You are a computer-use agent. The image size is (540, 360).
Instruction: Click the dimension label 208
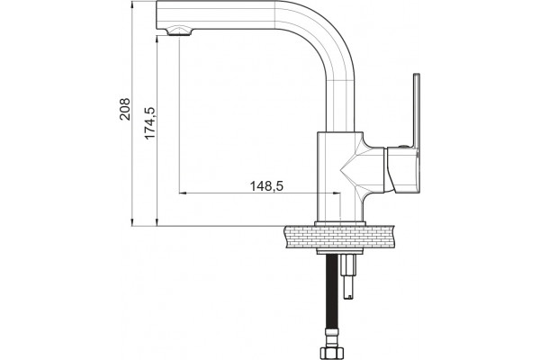coord(125,109)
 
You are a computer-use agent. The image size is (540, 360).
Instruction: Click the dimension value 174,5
coord(149,123)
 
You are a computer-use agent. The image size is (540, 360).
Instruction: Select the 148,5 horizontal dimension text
coord(266,186)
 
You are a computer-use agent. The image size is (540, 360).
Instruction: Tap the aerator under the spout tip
coord(179,31)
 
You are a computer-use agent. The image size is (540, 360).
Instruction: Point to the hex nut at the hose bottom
coord(332,353)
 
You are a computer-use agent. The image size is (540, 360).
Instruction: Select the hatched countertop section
coord(339,237)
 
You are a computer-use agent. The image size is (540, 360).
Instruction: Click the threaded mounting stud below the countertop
coord(347,276)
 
